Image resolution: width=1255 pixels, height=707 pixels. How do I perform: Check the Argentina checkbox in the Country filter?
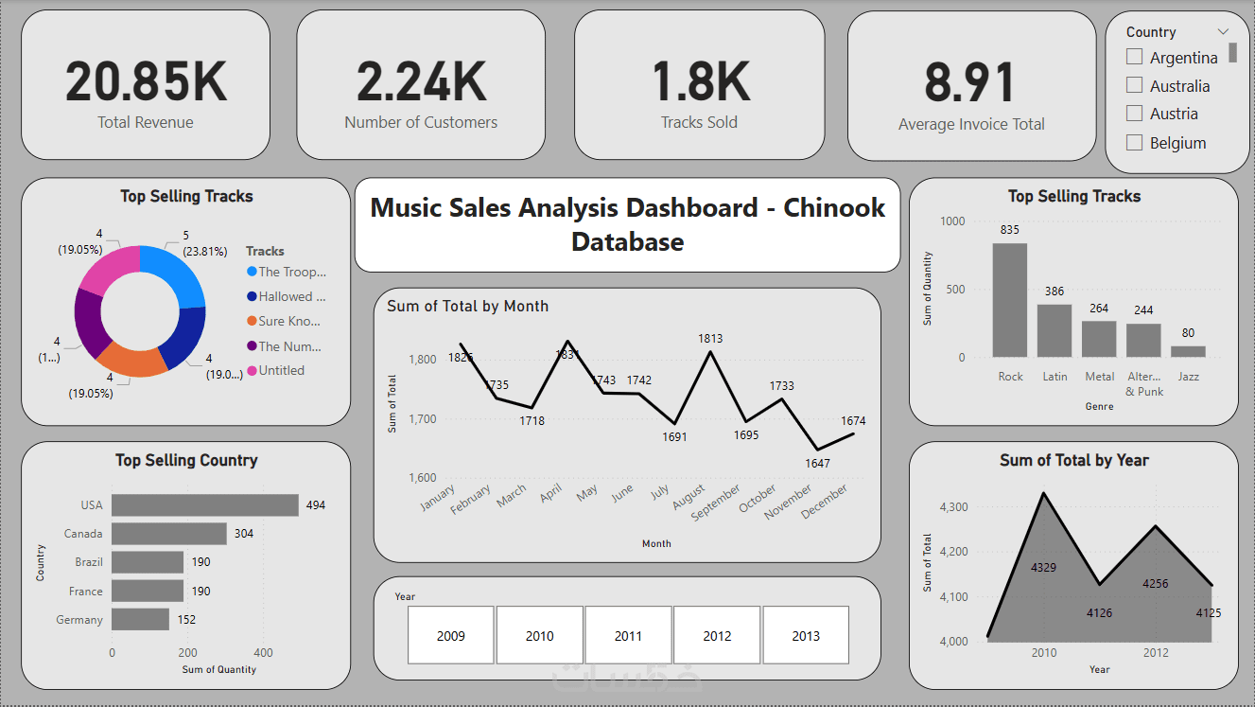tap(1135, 57)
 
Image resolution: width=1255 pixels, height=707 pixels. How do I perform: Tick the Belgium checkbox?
tap(1135, 143)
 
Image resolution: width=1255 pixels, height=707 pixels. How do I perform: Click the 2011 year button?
tap(628, 635)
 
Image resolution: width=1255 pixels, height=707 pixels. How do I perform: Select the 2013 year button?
tap(806, 635)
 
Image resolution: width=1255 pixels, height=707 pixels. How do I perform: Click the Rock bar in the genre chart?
tap(1010, 300)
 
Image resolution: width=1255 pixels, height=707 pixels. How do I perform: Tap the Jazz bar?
tap(1188, 351)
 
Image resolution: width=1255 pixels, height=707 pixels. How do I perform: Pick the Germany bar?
tap(140, 619)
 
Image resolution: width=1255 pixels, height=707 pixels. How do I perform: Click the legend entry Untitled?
tap(281, 371)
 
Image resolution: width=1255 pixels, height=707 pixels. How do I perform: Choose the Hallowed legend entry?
tap(291, 296)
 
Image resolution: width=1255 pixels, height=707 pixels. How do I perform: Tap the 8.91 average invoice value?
tap(970, 83)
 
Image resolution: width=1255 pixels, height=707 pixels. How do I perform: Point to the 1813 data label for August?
tap(710, 338)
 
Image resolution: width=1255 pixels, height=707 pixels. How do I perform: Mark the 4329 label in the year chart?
tap(1044, 568)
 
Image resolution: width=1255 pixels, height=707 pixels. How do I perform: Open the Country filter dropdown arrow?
tap(1223, 31)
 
